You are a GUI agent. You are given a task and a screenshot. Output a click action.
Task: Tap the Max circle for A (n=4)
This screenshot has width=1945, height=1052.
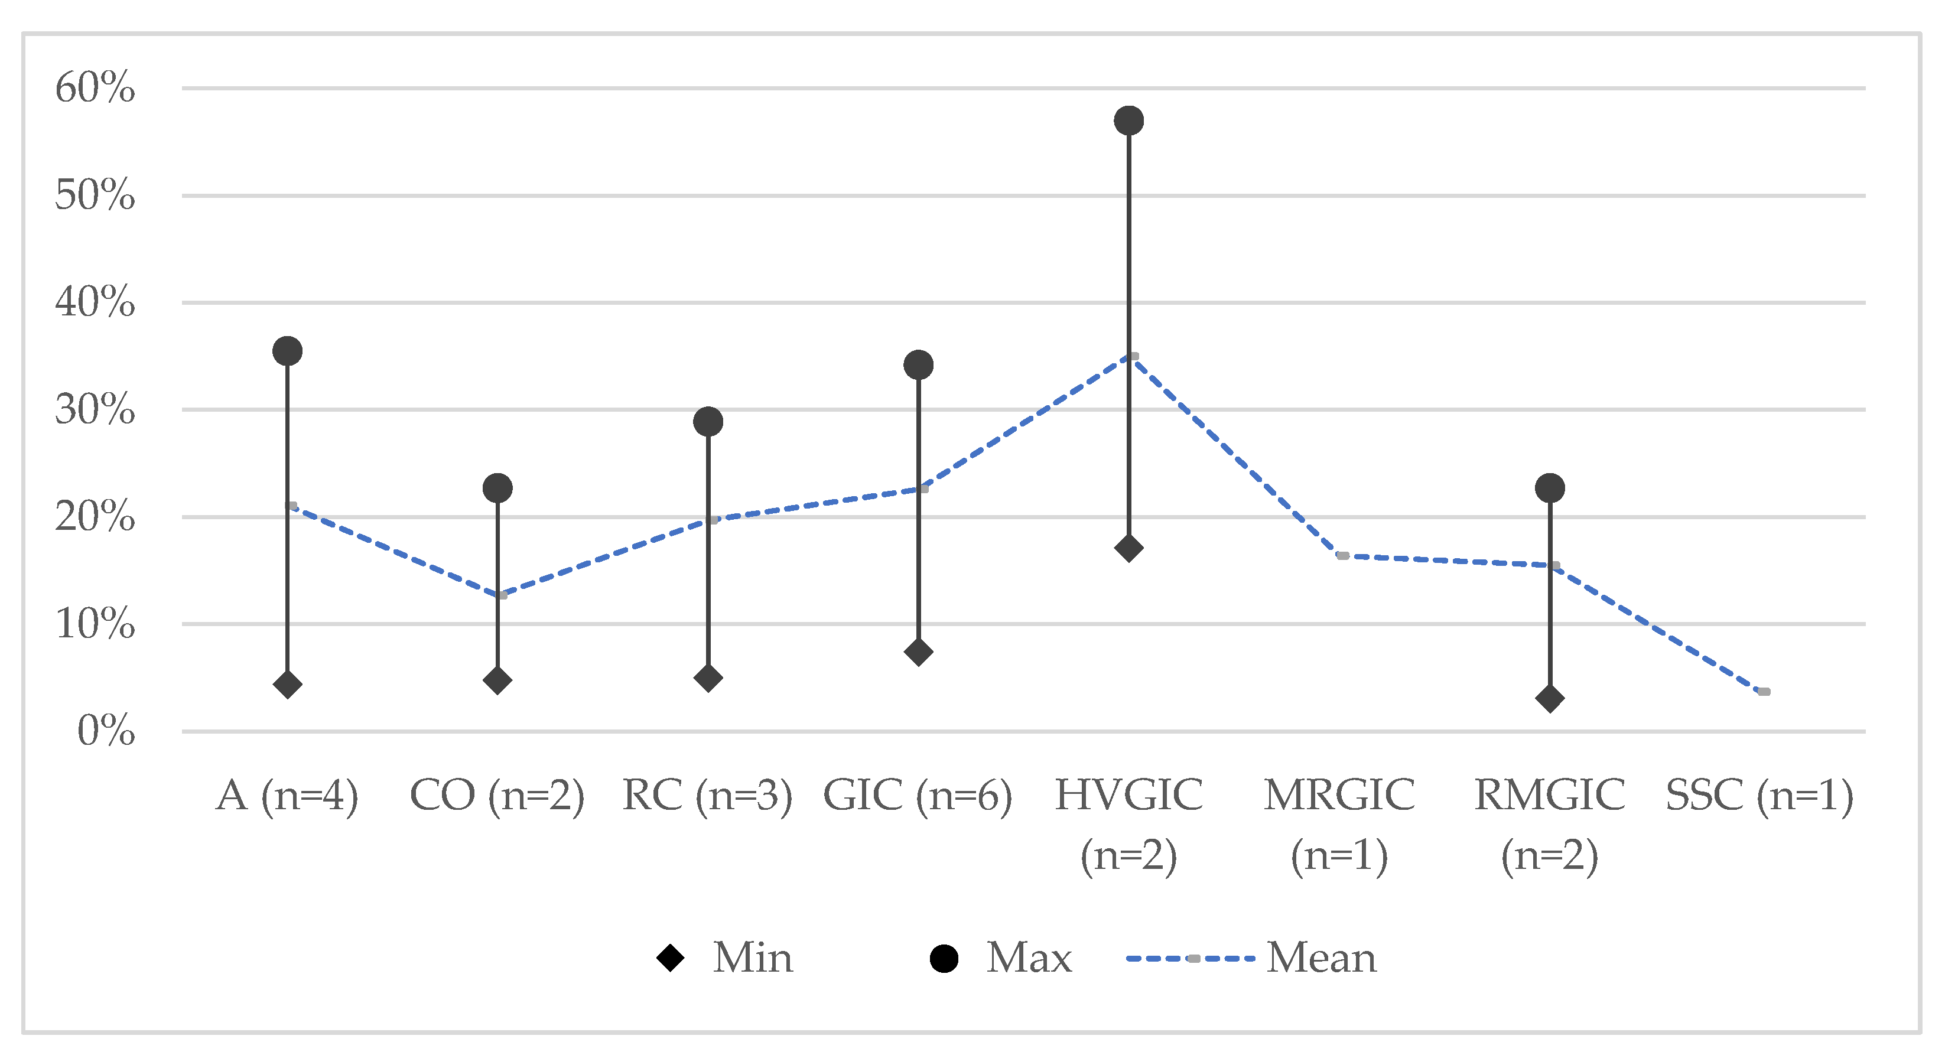tap(287, 351)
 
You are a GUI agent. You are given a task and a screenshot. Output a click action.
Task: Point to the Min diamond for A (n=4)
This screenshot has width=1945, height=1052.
tap(287, 685)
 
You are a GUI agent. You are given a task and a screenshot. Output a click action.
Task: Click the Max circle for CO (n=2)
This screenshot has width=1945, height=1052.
tap(497, 488)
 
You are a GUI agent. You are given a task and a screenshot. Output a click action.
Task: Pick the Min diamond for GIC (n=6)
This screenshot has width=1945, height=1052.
tap(918, 652)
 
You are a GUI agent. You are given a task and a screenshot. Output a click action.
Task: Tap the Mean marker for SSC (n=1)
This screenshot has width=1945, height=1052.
tap(1764, 691)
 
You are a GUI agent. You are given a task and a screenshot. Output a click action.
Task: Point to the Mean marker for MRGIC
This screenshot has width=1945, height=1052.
tap(1342, 555)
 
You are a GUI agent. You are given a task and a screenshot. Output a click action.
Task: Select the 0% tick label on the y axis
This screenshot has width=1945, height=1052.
tap(106, 731)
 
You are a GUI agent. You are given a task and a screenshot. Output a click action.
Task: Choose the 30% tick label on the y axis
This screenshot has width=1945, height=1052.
tap(95, 410)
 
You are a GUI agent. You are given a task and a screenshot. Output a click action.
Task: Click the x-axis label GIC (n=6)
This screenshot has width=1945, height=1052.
tap(918, 796)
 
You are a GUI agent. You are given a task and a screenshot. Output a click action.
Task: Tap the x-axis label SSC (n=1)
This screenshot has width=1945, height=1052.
tap(1759, 796)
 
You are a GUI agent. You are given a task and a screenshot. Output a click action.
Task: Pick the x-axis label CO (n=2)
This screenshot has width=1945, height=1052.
tap(497, 796)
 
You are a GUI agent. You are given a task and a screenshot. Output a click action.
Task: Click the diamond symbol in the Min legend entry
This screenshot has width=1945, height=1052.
tap(670, 959)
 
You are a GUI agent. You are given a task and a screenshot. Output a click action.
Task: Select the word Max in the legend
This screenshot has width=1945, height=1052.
tap(1029, 959)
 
